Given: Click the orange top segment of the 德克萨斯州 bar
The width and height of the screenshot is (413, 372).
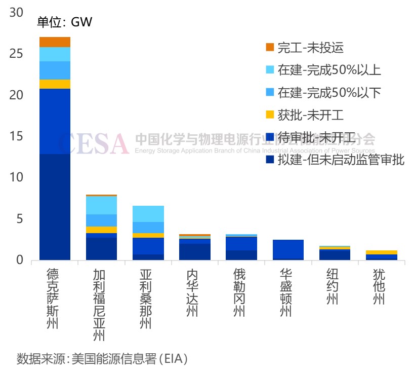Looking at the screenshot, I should (55, 42).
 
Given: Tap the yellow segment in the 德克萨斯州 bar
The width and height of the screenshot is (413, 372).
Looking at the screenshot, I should (55, 84).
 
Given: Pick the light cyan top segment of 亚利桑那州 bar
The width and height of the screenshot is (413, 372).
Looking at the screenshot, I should (148, 214).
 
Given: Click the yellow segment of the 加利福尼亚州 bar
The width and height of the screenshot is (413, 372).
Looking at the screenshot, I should (101, 230).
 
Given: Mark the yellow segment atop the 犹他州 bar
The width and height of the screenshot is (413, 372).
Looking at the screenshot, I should (381, 252).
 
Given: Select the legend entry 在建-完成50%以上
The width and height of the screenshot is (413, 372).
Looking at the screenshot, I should (329, 70).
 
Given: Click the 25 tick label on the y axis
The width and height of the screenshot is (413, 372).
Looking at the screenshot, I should (16, 54).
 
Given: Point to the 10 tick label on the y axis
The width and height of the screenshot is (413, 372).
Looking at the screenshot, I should (16, 177).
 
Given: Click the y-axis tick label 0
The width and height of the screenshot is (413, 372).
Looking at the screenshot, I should (19, 260).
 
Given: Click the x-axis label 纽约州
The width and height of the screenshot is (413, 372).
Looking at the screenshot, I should (334, 287).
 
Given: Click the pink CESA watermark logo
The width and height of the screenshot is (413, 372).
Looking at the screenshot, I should (93, 143).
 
